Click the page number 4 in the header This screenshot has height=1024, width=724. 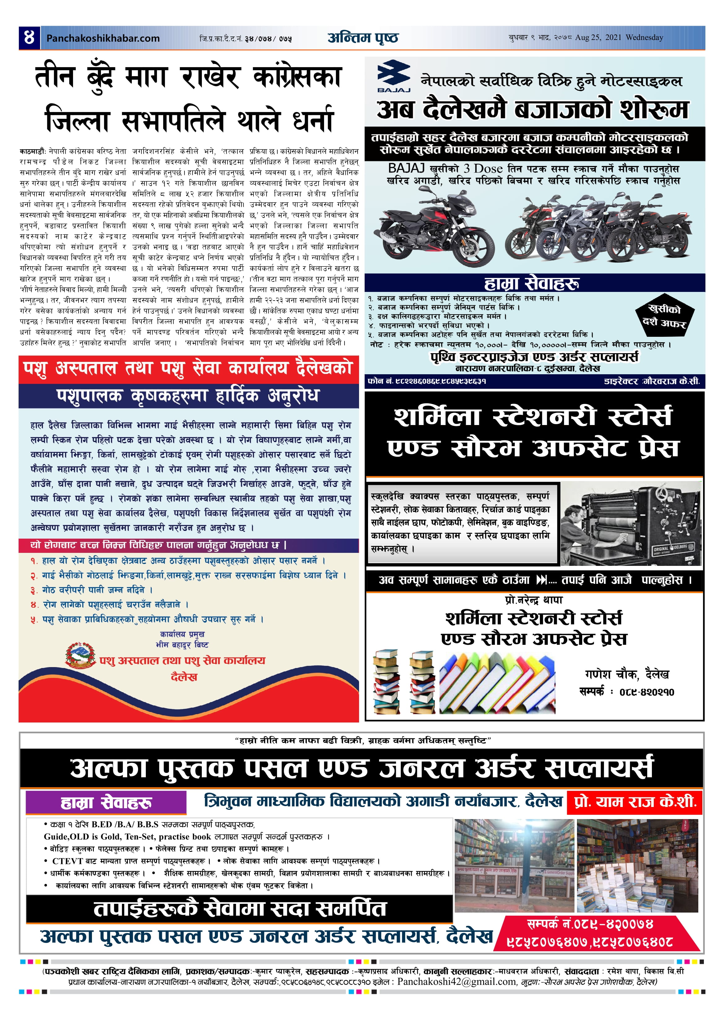29,37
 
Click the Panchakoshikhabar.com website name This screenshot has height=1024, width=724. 103,38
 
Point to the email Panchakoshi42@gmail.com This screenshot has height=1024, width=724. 456,982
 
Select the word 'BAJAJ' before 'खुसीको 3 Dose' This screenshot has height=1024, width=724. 406,169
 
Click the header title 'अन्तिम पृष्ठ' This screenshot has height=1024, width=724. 363,38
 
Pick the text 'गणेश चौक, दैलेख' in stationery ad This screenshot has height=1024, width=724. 627,674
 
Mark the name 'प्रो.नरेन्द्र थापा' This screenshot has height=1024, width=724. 534,600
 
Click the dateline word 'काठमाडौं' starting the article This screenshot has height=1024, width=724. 33,151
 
